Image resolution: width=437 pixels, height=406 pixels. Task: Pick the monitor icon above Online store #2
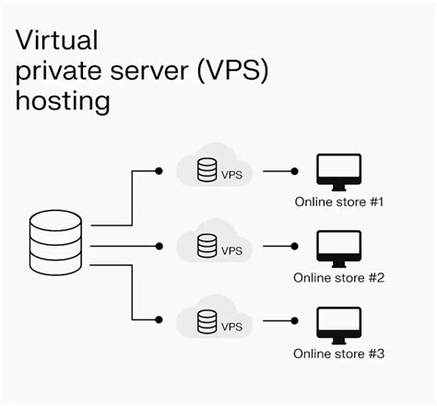point(337,248)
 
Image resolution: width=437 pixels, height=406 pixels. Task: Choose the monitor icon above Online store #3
point(337,323)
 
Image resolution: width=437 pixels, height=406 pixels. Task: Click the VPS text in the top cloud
point(231,173)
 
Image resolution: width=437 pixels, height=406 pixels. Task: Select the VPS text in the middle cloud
point(231,249)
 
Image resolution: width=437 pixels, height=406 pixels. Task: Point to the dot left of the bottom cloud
point(159,320)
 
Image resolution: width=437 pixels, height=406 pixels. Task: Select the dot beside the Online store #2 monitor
point(296,246)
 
